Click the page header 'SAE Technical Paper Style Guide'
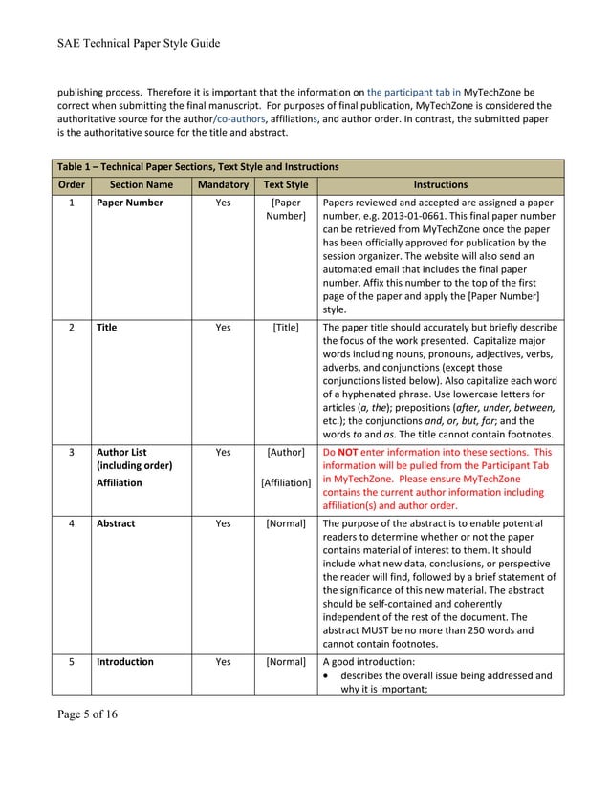pyautogui.click(x=139, y=43)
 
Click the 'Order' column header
pyautogui.click(x=72, y=184)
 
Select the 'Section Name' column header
pyautogui.click(x=141, y=184)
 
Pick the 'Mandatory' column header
pyautogui.click(x=223, y=184)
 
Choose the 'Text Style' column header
pyautogui.click(x=286, y=184)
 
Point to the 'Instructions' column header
pyautogui.click(x=440, y=184)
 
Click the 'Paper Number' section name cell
pyautogui.click(x=129, y=203)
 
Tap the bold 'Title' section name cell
pyautogui.click(x=106, y=328)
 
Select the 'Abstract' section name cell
pyautogui.click(x=116, y=523)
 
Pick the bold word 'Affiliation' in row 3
pyautogui.click(x=119, y=483)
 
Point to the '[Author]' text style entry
pyautogui.click(x=286, y=452)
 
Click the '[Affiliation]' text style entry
pyautogui.click(x=286, y=483)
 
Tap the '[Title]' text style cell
pyautogui.click(x=286, y=328)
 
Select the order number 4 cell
pyautogui.click(x=72, y=523)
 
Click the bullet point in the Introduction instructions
pyautogui.click(x=328, y=675)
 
